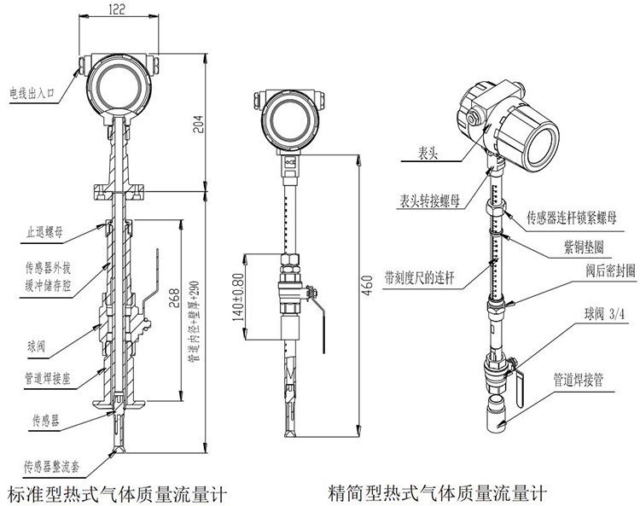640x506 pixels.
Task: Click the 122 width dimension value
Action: pos(117,10)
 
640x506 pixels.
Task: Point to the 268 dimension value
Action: pos(173,296)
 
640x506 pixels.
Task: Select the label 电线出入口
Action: pos(32,90)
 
